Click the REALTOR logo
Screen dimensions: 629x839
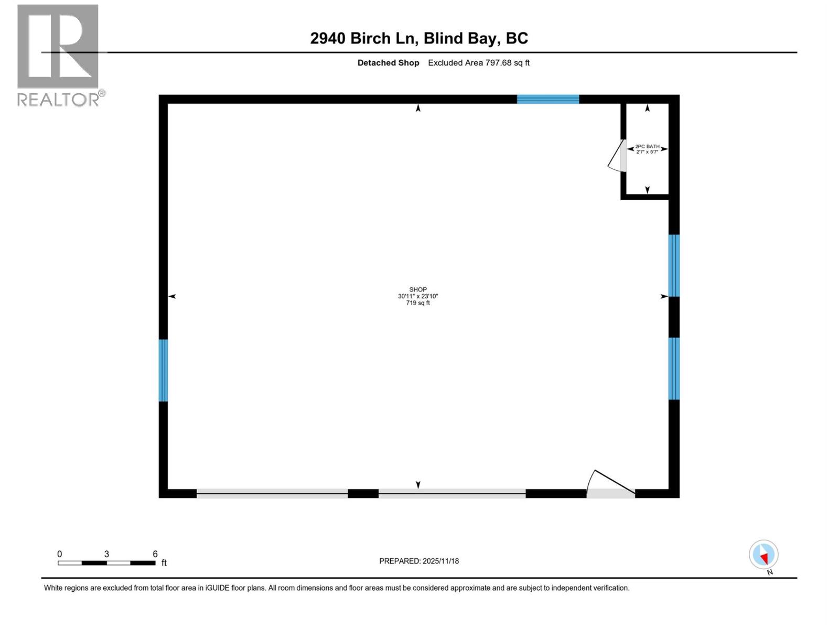point(58,55)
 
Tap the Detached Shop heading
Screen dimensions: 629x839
point(388,63)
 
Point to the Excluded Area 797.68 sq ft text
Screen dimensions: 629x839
point(479,63)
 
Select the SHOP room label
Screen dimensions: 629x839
point(418,289)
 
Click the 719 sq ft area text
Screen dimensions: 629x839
point(418,303)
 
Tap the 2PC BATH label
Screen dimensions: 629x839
point(647,147)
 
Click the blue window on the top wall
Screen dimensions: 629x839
point(548,99)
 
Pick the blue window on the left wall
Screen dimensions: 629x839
point(163,370)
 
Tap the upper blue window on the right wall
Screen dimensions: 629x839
point(674,265)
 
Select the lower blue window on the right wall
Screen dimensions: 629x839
point(674,368)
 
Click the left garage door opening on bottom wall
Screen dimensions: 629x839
point(272,493)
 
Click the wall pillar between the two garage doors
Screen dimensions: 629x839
point(363,493)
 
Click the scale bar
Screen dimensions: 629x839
point(106,563)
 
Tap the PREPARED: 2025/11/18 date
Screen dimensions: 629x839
point(419,561)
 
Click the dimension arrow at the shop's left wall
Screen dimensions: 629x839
point(171,297)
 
